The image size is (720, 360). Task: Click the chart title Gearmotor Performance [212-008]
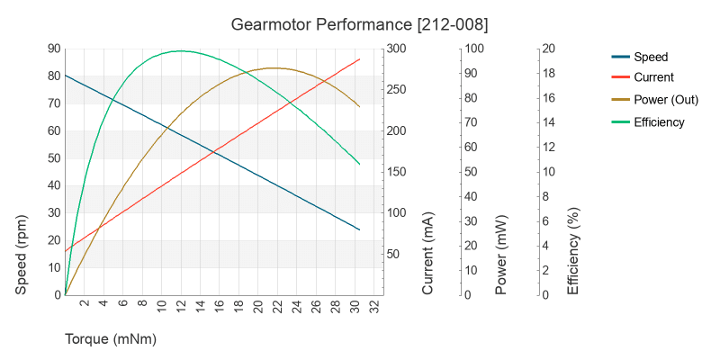360,22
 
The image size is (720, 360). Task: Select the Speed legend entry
650,56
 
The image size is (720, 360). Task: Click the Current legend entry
653,77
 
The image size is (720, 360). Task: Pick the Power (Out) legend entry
666,100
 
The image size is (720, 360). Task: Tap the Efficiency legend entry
659,122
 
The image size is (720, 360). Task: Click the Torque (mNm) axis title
111,339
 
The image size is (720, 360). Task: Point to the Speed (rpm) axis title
22,255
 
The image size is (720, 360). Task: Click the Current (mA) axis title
428,255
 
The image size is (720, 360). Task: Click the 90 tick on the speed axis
54,49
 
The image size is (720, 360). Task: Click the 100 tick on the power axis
474,49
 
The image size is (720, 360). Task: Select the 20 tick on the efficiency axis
549,49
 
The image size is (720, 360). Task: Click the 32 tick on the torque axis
373,305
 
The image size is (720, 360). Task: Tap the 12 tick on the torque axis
181,305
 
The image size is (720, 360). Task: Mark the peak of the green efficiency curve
181,50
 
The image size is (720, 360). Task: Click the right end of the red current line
359,59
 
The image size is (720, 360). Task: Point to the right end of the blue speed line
359,229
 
